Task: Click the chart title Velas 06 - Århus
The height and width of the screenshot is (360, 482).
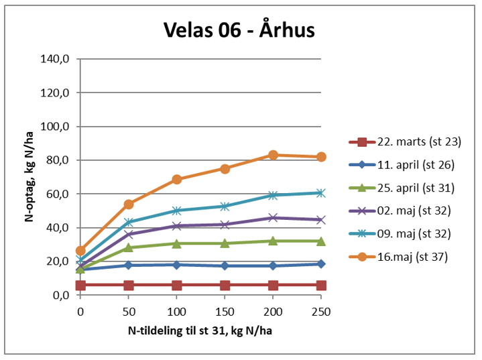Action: click(239, 31)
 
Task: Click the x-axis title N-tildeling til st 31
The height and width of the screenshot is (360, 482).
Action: click(200, 332)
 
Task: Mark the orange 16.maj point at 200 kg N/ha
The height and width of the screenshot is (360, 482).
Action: click(273, 155)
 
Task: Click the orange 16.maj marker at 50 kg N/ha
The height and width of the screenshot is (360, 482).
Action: click(129, 204)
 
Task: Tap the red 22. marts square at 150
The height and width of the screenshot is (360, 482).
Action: click(225, 285)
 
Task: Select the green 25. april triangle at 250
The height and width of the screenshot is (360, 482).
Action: click(321, 241)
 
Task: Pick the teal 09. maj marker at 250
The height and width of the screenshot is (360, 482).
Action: click(321, 193)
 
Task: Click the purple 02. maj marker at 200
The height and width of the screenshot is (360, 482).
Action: click(273, 218)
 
